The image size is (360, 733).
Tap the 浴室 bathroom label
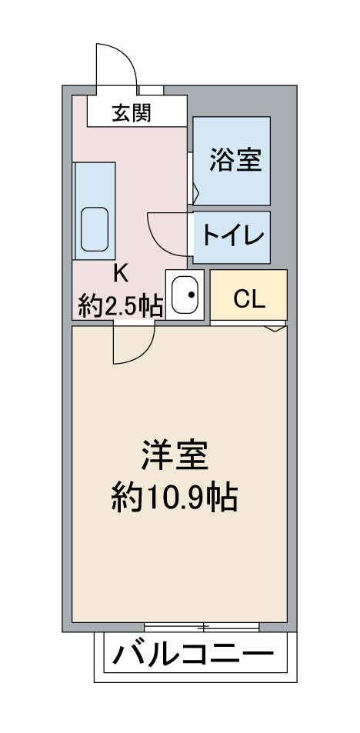235,159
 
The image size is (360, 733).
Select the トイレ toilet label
233,236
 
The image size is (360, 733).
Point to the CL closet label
249,299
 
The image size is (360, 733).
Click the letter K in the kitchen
121,275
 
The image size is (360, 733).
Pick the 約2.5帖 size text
121,306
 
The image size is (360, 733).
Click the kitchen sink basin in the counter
95,229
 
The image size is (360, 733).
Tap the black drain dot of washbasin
192,295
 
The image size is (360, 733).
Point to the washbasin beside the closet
185,295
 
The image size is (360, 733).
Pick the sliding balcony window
202,627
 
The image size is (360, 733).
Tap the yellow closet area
248,295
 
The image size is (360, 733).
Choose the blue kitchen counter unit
95,211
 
